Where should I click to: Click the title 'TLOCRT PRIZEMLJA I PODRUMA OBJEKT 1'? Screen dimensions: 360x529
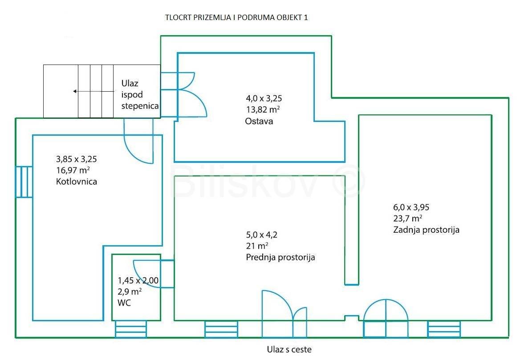pyautogui.click(x=236, y=18)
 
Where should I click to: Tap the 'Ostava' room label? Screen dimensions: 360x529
pyautogui.click(x=259, y=121)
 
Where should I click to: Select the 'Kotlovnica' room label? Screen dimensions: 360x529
pyautogui.click(x=77, y=182)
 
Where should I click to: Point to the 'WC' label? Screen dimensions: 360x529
pyautogui.click(x=124, y=303)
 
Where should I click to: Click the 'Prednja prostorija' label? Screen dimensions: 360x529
pyautogui.click(x=281, y=257)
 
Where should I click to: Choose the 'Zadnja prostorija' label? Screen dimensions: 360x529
pyautogui.click(x=426, y=230)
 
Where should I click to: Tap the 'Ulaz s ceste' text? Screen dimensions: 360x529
pyautogui.click(x=289, y=349)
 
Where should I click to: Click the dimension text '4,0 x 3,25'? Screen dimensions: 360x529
pyautogui.click(x=264, y=98)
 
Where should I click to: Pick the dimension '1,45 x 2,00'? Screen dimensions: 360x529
pyautogui.click(x=138, y=280)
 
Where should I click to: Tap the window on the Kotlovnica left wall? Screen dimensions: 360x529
pyautogui.click(x=24, y=182)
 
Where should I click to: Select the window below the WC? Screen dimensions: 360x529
pyautogui.click(x=131, y=329)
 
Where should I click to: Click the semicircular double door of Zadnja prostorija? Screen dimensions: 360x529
pyautogui.click(x=386, y=315)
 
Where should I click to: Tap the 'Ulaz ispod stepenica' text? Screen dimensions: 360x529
pyautogui.click(x=140, y=95)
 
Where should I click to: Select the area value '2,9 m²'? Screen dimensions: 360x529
pyautogui.click(x=130, y=292)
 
